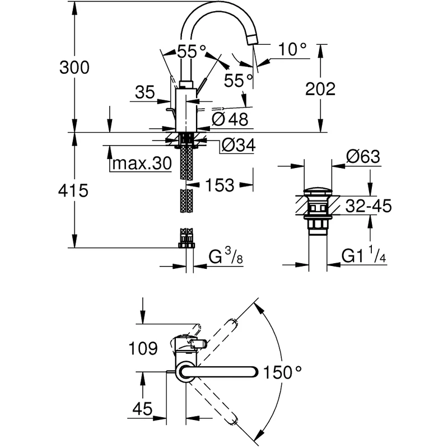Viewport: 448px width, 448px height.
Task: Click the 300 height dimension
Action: pyautogui.click(x=74, y=68)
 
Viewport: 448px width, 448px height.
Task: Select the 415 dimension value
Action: pyautogui.click(x=73, y=190)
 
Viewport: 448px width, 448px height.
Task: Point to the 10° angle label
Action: pyautogui.click(x=292, y=49)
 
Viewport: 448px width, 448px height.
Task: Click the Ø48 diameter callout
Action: pyautogui.click(x=230, y=119)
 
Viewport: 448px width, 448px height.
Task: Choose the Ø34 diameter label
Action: pyautogui.click(x=239, y=146)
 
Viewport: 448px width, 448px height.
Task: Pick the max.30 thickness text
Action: pyautogui.click(x=142, y=164)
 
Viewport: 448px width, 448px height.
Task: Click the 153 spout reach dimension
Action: pyautogui.click(x=220, y=185)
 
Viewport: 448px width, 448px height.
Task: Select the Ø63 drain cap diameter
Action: pyautogui.click(x=363, y=157)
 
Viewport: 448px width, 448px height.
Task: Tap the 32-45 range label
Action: pyautogui.click(x=368, y=206)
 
